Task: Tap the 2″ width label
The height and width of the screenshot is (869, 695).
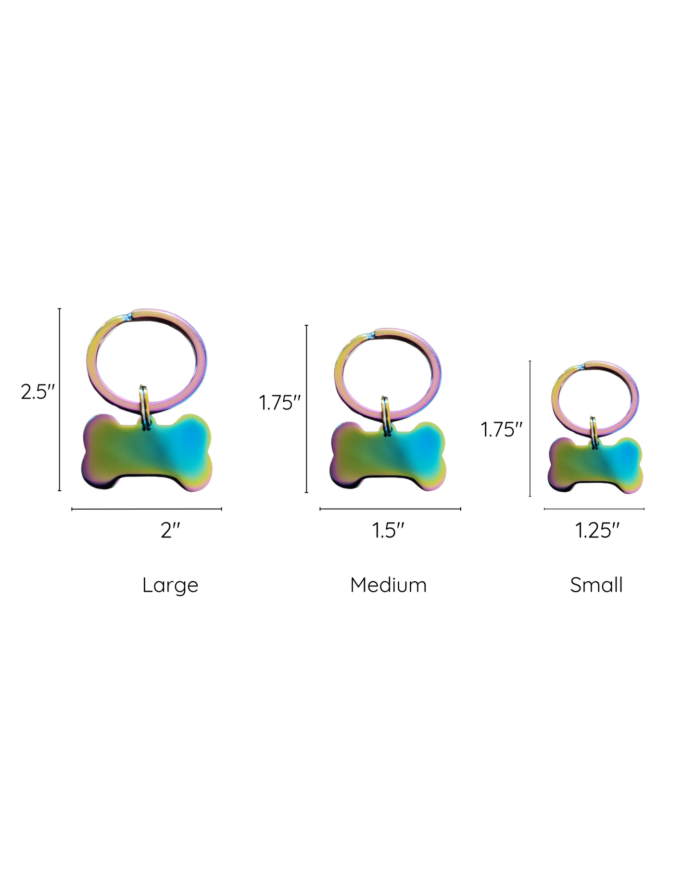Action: pos(171,531)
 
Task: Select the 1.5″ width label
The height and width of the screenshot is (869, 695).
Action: pos(388,531)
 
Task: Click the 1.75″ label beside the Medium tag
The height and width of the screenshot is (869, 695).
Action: pos(279,402)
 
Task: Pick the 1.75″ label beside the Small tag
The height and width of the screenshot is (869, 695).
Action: pos(502,430)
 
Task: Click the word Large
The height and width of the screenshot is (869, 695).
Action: pos(170,586)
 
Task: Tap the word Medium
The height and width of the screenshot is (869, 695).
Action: pos(389,585)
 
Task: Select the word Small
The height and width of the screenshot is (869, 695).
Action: pos(596,585)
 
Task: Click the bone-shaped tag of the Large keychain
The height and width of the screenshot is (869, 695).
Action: pos(147,452)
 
